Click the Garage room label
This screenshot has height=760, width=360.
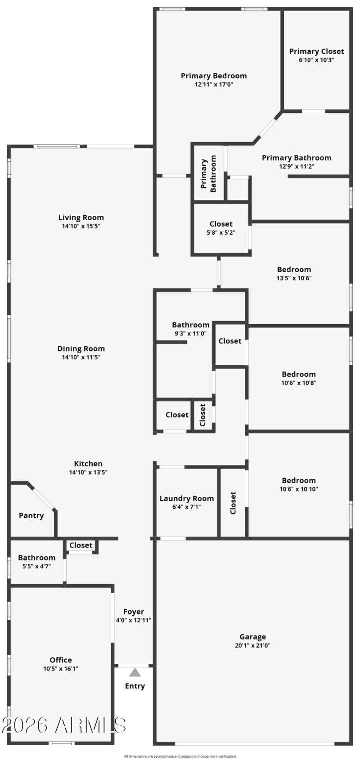pyautogui.click(x=252, y=636)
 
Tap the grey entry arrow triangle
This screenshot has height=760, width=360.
pyautogui.click(x=135, y=673)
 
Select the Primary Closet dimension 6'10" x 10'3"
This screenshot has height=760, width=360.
pyautogui.click(x=316, y=60)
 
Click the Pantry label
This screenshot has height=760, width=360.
pyautogui.click(x=31, y=515)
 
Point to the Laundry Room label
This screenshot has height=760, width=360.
pyautogui.click(x=186, y=498)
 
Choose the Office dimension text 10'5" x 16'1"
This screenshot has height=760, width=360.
pyautogui.click(x=61, y=668)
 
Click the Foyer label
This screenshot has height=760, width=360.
pyautogui.click(x=134, y=612)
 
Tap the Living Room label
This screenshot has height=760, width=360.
pyautogui.click(x=81, y=217)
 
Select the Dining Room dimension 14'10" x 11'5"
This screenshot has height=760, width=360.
pyautogui.click(x=81, y=357)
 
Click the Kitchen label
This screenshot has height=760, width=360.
pyautogui.click(x=88, y=464)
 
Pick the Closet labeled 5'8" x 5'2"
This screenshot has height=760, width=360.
pyautogui.click(x=221, y=224)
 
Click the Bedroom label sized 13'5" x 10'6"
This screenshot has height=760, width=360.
pyautogui.click(x=294, y=269)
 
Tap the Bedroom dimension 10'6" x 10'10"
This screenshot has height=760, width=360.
pyautogui.click(x=298, y=489)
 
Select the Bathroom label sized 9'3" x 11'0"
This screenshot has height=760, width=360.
pyautogui.click(x=190, y=325)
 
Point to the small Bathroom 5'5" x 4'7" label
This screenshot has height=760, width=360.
pyautogui.click(x=36, y=558)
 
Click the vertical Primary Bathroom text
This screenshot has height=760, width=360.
pyautogui.click(x=208, y=174)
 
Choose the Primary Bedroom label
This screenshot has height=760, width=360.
pyautogui.click(x=214, y=76)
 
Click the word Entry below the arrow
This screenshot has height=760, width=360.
pyautogui.click(x=135, y=686)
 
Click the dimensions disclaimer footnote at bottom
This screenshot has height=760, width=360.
pyautogui.click(x=180, y=756)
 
